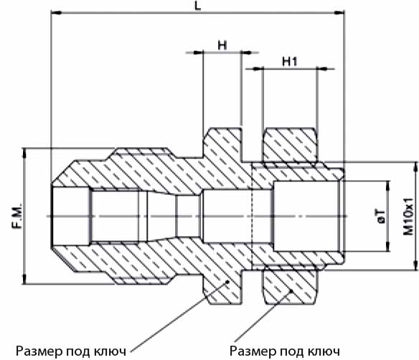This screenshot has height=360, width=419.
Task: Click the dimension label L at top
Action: (197, 5)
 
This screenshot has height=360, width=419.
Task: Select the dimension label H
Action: (222, 45)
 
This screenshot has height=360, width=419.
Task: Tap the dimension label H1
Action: (290, 62)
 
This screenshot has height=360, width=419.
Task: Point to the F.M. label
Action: (17, 216)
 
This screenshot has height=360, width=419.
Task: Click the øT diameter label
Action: (381, 217)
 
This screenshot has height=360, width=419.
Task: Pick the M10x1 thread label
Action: (408, 217)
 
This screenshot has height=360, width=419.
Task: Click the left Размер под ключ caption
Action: (71, 351)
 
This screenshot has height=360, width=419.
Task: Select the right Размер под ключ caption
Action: (285, 351)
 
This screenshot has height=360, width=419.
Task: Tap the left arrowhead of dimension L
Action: (56, 12)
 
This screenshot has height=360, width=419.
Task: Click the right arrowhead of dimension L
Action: (339, 12)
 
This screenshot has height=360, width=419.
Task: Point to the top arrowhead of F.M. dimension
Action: (24, 153)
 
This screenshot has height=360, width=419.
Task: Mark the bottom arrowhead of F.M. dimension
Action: (24, 279)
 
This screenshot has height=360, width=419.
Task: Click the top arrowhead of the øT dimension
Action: (388, 186)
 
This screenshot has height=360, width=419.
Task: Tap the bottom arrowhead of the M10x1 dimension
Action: (415, 265)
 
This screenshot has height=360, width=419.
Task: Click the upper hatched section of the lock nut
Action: (290, 146)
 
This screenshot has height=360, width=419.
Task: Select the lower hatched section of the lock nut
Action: (290, 287)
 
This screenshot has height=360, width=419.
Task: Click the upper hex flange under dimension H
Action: (222, 144)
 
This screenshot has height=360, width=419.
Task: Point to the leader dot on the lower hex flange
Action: (228, 282)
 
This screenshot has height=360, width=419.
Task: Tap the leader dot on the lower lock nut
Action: (292, 290)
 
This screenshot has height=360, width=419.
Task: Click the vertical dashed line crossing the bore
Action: (252, 216)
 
